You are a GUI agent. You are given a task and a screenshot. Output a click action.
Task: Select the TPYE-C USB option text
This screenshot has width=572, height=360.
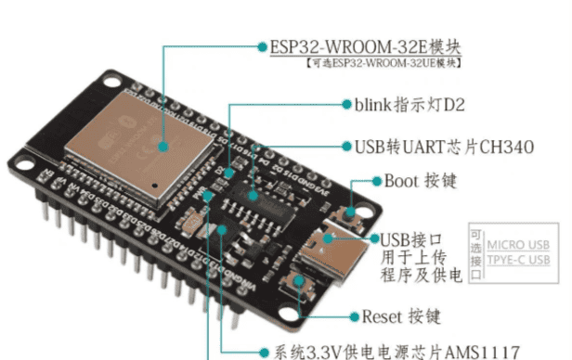click(x=522, y=259)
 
